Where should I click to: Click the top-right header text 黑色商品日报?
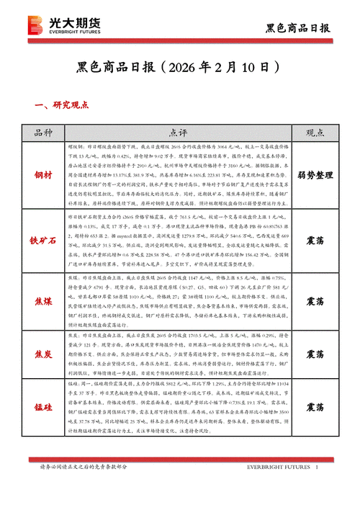tap(297, 29)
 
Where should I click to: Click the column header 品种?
tap(44, 133)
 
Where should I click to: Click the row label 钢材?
tap(44, 175)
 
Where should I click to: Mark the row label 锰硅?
tap(44, 407)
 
